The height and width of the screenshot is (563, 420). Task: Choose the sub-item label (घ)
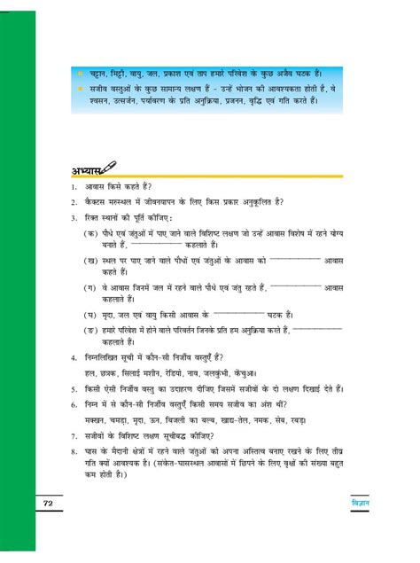coord(90,314)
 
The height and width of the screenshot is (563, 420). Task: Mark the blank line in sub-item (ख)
coord(293,258)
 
